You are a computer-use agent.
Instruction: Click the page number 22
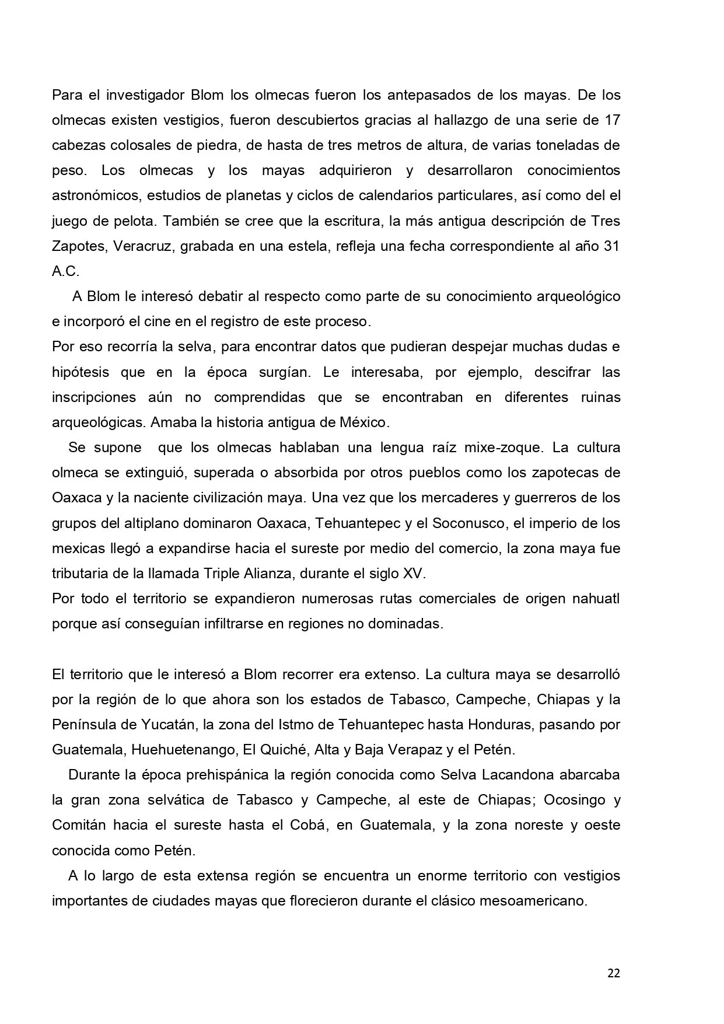pos(613,973)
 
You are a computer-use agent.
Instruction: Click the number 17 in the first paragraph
pos(612,120)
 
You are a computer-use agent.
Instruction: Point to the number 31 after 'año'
pos(611,246)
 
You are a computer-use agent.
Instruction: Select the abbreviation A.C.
pos(65,271)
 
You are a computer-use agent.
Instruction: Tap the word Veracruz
pos(142,246)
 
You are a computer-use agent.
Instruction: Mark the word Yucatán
pos(169,725)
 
